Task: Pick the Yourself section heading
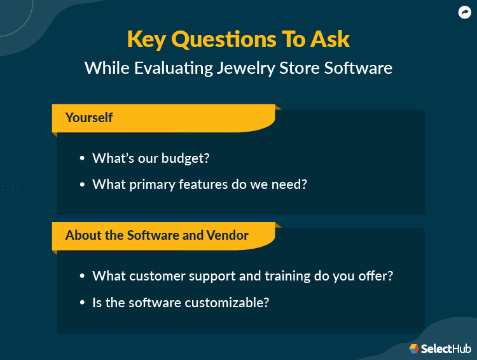(x=89, y=118)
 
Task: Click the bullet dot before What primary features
(x=82, y=185)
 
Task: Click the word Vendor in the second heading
(x=227, y=235)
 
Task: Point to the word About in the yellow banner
(x=83, y=235)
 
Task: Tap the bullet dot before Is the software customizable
(x=82, y=303)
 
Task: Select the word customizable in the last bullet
(x=227, y=302)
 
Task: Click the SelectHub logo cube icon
(x=414, y=349)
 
